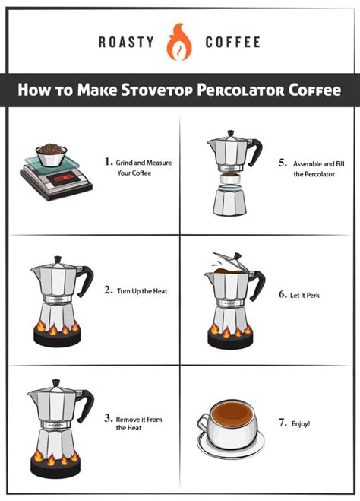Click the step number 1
109,161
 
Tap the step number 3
109,418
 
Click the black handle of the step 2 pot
87,275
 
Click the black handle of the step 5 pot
257,147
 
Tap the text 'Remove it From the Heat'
139,423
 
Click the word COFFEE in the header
232,42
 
